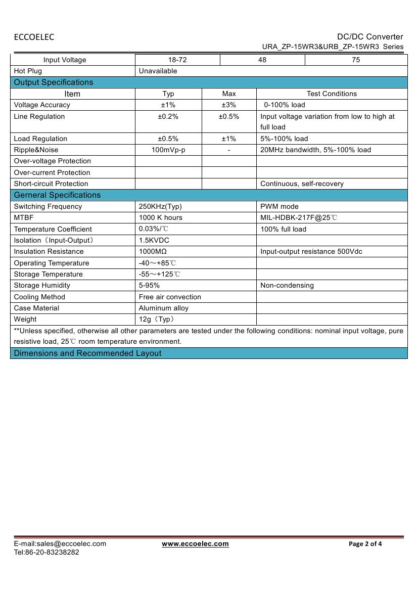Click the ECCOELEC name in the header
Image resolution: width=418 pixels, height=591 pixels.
pyautogui.click(x=34, y=37)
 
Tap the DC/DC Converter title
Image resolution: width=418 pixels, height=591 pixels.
pyautogui.click(x=370, y=36)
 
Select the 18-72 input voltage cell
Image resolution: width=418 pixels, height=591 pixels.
pyautogui.click(x=177, y=60)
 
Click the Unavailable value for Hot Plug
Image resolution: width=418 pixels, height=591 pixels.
pyautogui.click(x=158, y=71)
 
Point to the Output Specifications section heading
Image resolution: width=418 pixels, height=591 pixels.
pyautogui.click(x=54, y=82)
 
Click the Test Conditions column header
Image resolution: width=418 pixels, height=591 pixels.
pyautogui.click(x=332, y=94)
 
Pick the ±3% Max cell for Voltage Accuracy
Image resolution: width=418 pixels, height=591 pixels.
pyautogui.click(x=229, y=105)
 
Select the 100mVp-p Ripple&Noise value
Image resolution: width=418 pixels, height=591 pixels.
pyautogui.click(x=168, y=150)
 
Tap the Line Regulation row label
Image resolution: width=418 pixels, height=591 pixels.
pyautogui.click(x=39, y=116)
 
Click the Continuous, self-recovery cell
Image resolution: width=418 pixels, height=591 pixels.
pyautogui.click(x=302, y=184)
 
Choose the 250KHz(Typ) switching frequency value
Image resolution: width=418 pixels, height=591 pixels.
pyautogui.click(x=160, y=206)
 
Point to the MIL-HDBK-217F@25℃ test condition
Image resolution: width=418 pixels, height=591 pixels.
pyautogui.click(x=299, y=217)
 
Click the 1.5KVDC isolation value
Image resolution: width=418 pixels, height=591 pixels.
pyautogui.click(x=154, y=240)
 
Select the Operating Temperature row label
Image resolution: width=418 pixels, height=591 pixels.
pyautogui.click(x=52, y=263)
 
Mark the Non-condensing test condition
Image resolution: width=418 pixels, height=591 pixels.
pyautogui.click(x=287, y=285)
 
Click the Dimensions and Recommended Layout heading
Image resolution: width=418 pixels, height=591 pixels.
pyautogui.click(x=87, y=353)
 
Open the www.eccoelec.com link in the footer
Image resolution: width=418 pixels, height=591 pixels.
pyautogui.click(x=195, y=543)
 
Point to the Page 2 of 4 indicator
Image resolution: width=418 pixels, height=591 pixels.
pyautogui.click(x=365, y=544)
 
